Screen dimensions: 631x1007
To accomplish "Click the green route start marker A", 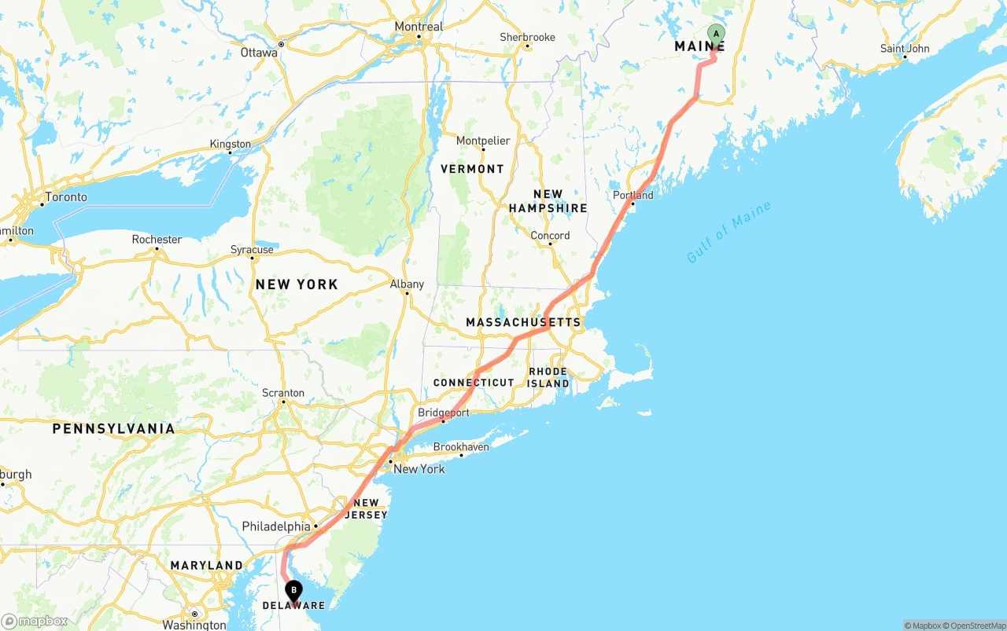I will [716, 34].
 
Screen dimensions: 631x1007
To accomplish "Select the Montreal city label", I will [419, 27].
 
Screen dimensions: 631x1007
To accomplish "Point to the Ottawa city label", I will [260, 53].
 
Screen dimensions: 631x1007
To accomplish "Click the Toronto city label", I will [66, 196].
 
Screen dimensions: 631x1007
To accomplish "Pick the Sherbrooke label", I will [527, 37].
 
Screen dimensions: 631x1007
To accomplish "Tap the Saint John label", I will [905, 49].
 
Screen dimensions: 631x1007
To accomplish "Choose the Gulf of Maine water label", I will [729, 233].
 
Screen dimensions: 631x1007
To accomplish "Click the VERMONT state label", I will [472, 169].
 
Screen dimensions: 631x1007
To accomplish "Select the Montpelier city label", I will [483, 141].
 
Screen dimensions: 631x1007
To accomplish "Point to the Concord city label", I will [550, 236].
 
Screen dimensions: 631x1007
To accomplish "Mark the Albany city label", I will [407, 284].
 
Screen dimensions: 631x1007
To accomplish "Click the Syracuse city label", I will [252, 250].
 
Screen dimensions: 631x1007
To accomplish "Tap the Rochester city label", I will [157, 240].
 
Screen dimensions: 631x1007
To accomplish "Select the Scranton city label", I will [282, 393].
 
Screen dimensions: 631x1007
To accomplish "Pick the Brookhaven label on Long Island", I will [461, 447].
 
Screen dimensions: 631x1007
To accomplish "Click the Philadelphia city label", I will [276, 526].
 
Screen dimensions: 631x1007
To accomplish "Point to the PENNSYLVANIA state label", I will [114, 428].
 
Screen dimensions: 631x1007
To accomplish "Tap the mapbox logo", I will [35, 621].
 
